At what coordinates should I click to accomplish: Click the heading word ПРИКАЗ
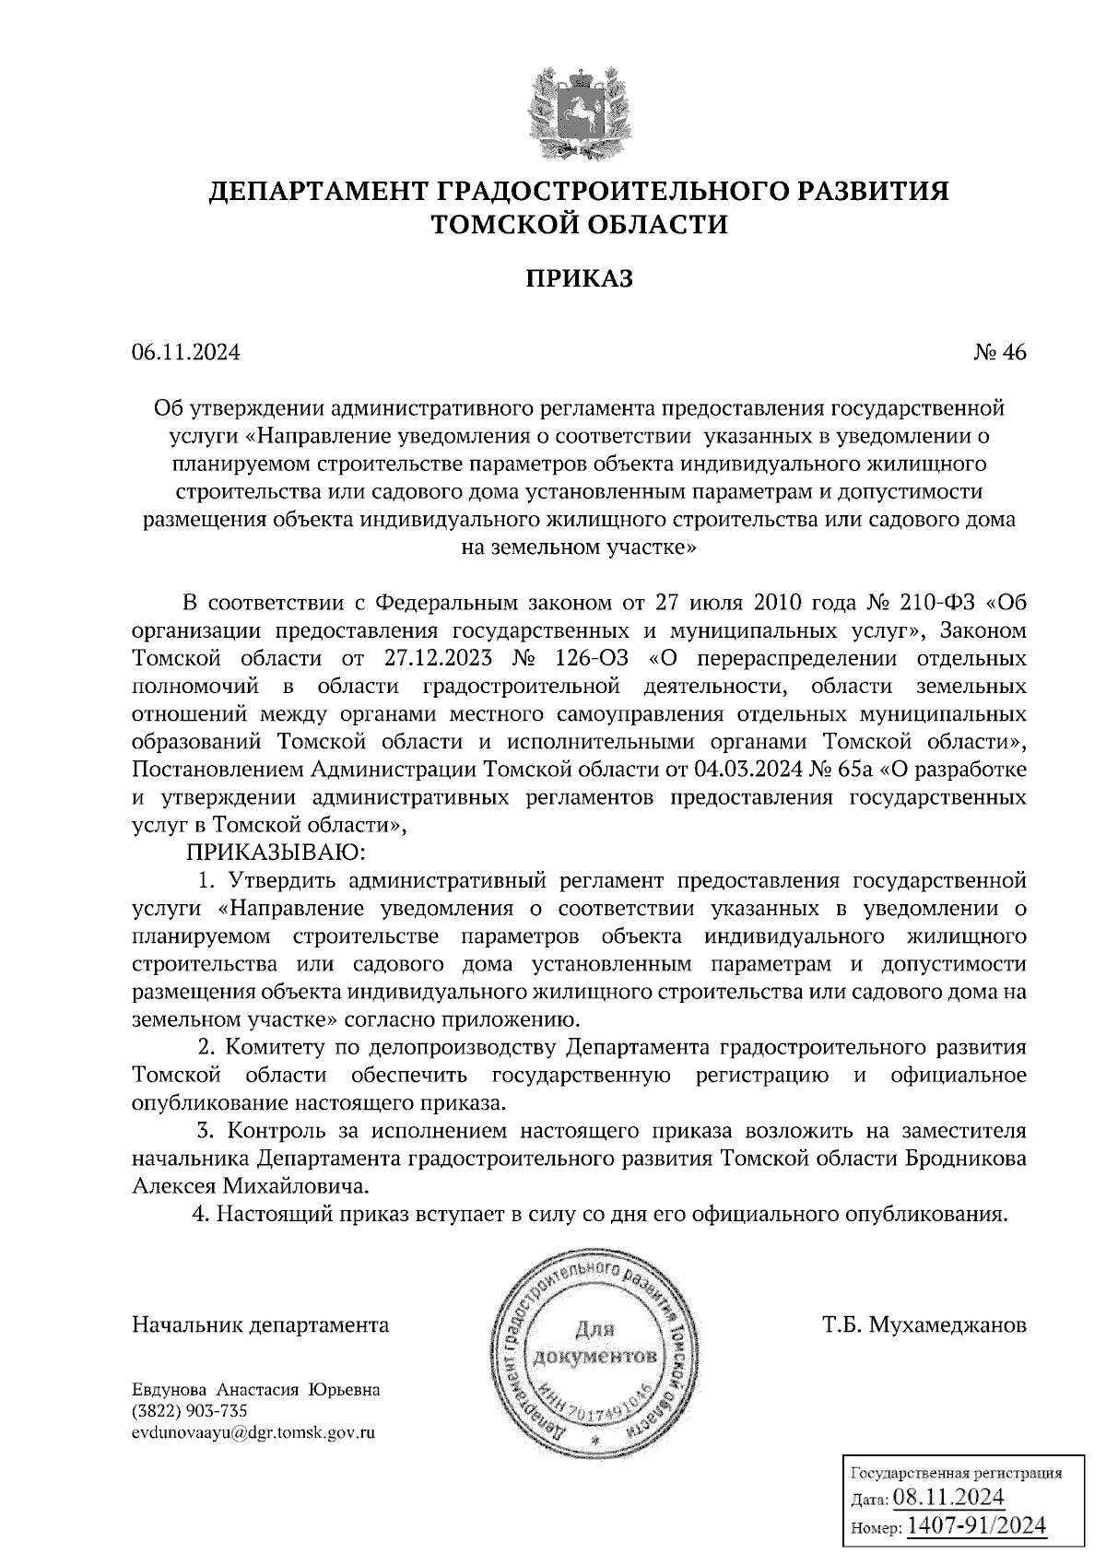pos(579,278)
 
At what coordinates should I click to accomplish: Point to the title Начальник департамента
pos(261,1325)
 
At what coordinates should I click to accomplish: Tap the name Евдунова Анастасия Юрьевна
pos(256,1390)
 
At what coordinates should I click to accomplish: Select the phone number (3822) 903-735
pos(191,1411)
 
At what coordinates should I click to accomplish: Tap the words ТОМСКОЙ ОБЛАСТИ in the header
pos(579,224)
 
